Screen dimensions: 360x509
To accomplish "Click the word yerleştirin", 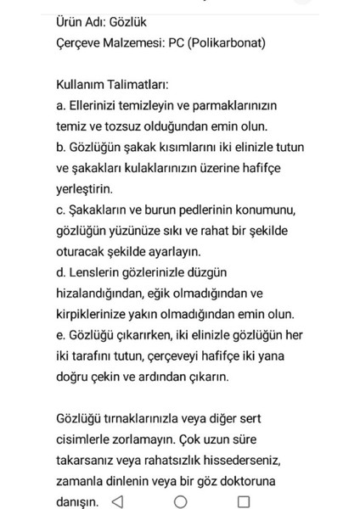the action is (x=82, y=187).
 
